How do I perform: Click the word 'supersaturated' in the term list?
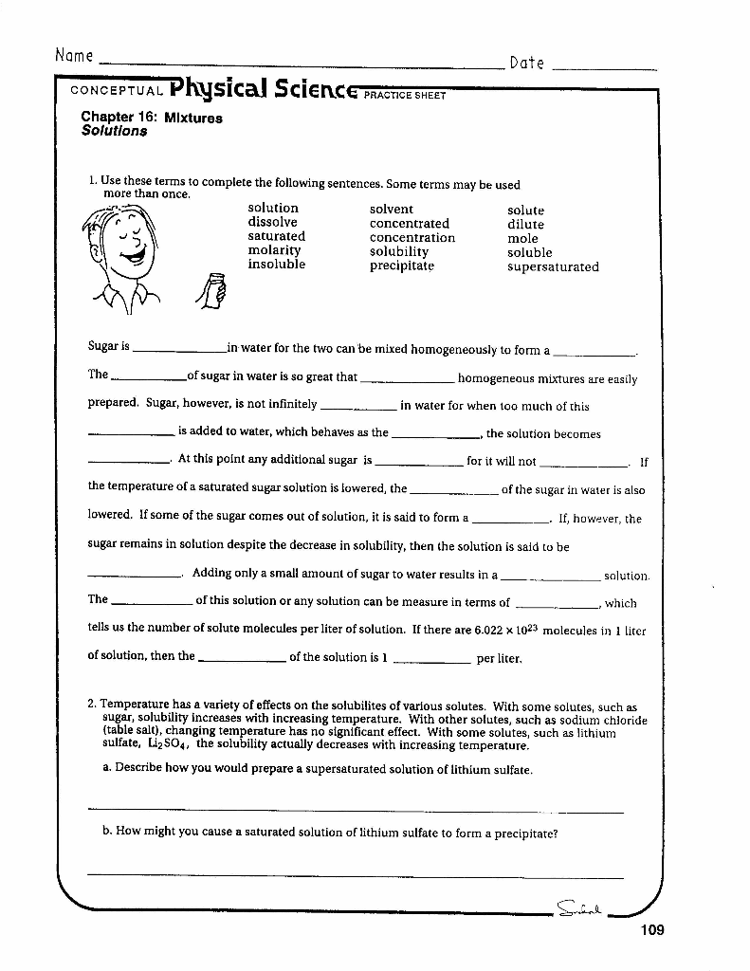553,267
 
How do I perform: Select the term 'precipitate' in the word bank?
401,266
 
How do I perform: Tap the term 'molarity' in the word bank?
274,250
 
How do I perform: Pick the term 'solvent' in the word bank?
391,209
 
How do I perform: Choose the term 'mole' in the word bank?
522,239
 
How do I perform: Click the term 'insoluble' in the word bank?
276,265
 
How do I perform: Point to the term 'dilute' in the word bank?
525,225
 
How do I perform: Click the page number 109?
651,930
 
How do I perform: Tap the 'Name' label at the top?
74,56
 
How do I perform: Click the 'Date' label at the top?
526,64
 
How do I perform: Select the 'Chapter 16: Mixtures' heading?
152,119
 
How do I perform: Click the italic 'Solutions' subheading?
114,132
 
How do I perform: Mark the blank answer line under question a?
356,812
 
